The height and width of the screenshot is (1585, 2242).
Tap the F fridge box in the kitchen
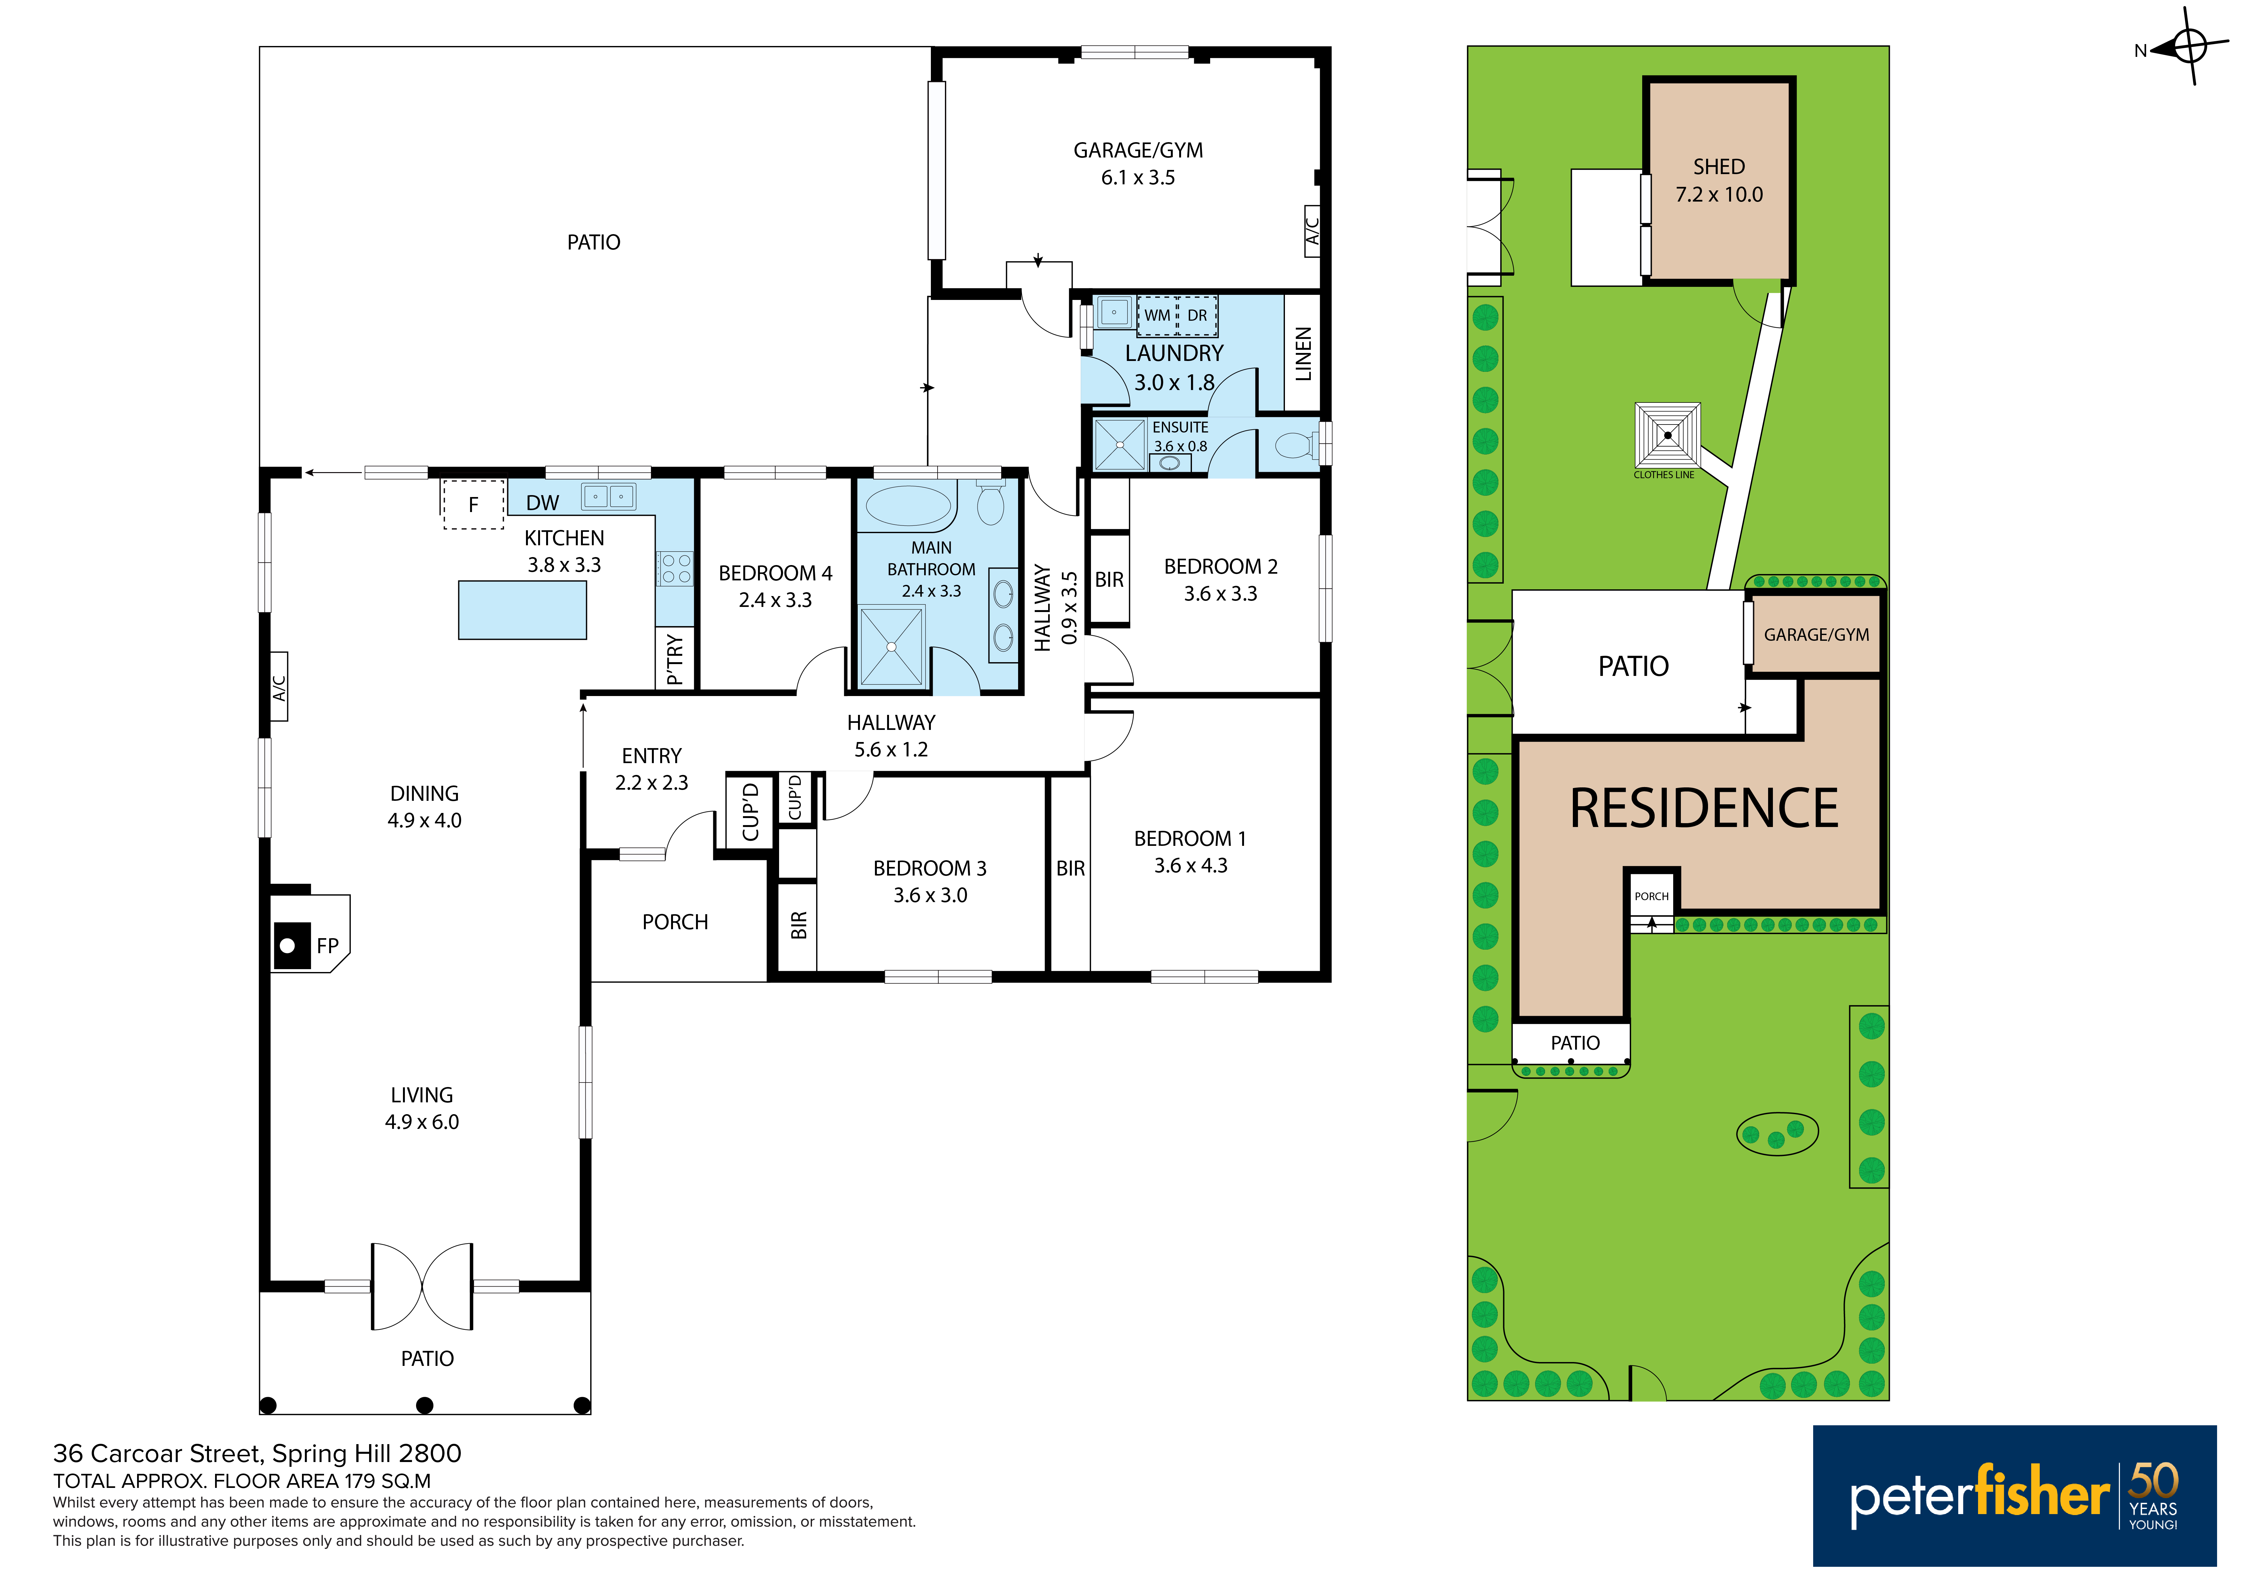(474, 505)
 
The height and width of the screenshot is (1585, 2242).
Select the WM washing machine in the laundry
(1157, 315)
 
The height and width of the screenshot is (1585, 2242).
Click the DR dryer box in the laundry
(1197, 315)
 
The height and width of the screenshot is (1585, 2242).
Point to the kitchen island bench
(522, 610)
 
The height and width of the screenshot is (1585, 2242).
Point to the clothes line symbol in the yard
(1668, 435)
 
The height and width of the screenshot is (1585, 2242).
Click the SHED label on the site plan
(1719, 167)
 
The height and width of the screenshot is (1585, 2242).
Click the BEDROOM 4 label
(775, 573)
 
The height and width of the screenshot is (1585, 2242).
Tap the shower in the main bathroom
(892, 646)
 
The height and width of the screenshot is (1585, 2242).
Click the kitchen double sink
(608, 497)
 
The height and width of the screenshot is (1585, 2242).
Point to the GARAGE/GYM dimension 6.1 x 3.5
(1138, 178)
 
